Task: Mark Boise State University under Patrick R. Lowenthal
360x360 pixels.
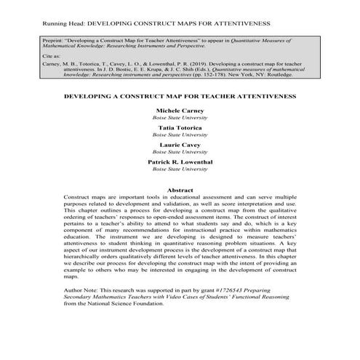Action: [180, 169]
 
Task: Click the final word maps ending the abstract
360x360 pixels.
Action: [71, 277]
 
